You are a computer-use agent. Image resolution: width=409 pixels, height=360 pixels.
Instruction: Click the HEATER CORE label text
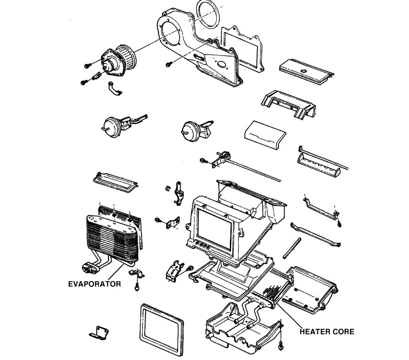coord(327,331)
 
